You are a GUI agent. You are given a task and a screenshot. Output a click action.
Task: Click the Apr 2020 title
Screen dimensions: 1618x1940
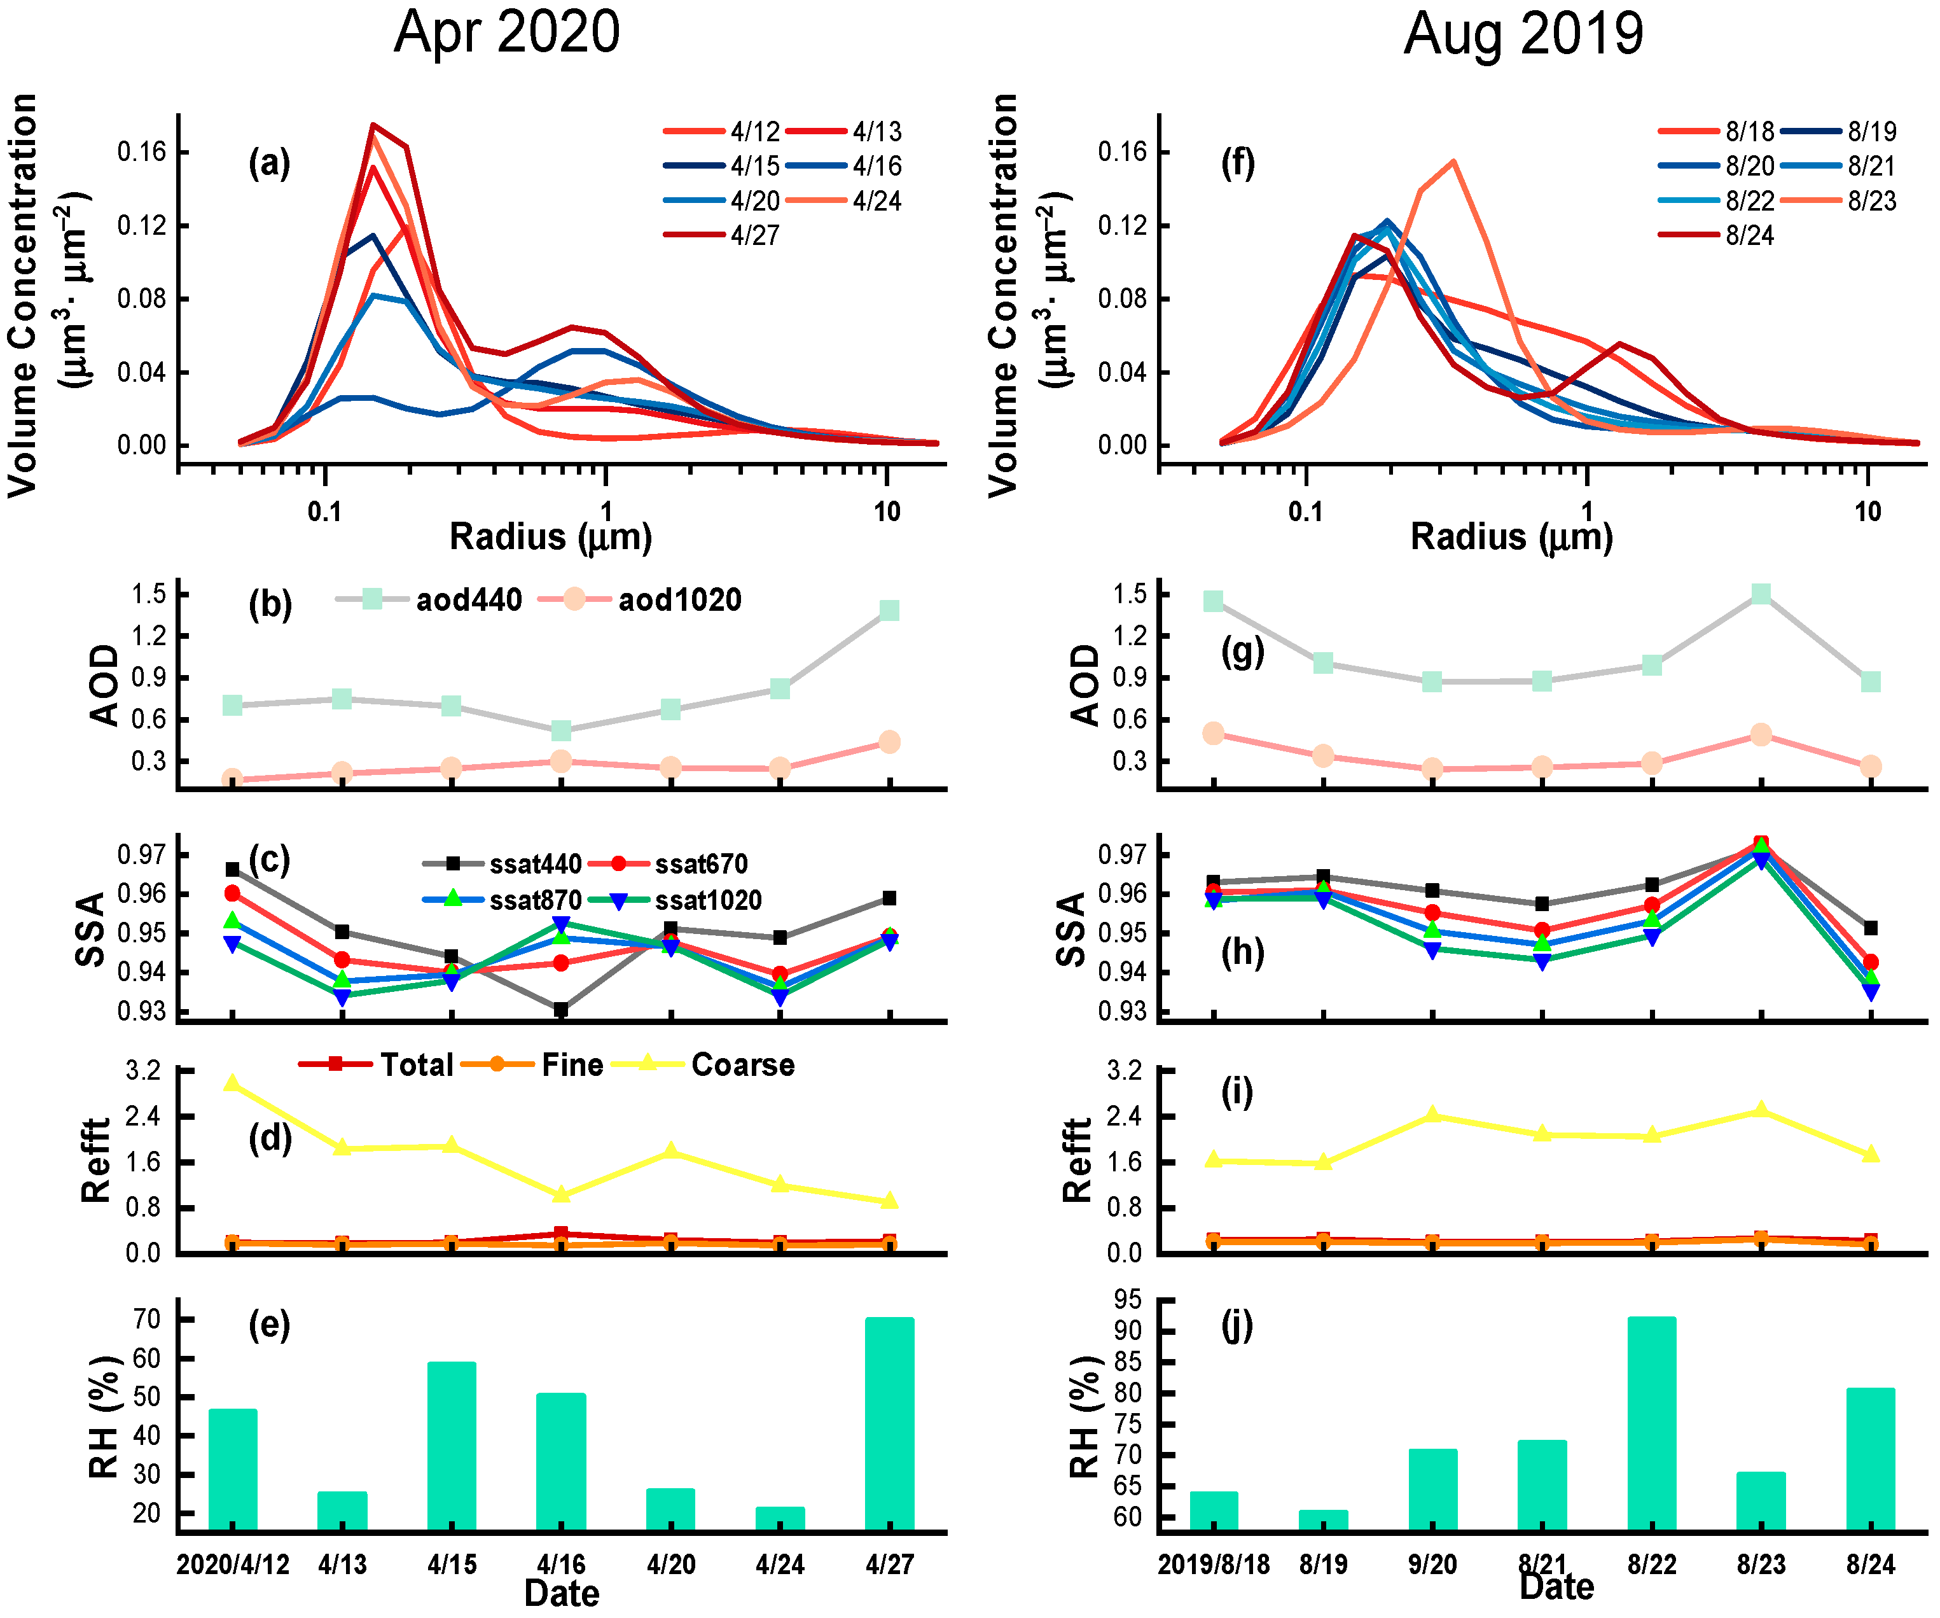[506, 33]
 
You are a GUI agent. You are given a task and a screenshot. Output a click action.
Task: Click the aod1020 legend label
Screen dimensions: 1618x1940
[679, 601]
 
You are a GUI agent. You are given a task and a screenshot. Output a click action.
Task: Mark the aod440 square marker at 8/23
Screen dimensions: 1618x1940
[1761, 594]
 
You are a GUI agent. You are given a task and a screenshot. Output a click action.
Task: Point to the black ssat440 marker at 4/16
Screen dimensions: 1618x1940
[561, 1009]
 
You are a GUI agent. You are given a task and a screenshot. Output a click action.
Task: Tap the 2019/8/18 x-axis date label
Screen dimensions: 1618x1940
[1213, 1565]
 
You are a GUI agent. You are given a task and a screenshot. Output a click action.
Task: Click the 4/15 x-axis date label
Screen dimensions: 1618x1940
[452, 1565]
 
